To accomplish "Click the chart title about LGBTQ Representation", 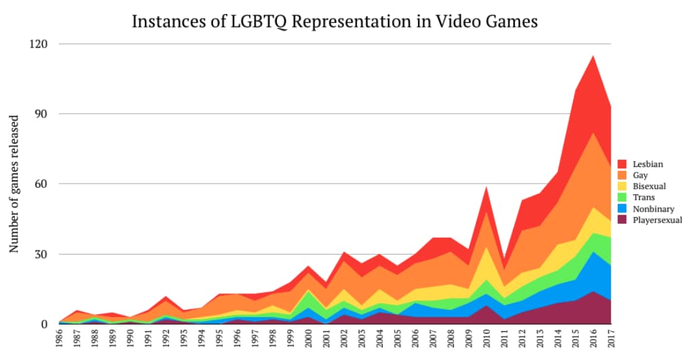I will tap(334, 21).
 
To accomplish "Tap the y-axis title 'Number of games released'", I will tap(13, 184).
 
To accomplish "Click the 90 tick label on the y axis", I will tap(42, 114).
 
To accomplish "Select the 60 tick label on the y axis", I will tap(42, 184).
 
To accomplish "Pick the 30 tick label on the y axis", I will tap(42, 254).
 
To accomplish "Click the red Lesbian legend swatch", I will tap(622, 164).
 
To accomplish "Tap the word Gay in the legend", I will tap(640, 175).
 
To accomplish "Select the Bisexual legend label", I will tap(649, 186).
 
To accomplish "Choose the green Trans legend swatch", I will tap(622, 198).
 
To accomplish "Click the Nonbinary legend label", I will tap(653, 209).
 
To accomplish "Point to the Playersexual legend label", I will tap(657, 220).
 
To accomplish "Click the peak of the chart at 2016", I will tap(594, 55).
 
